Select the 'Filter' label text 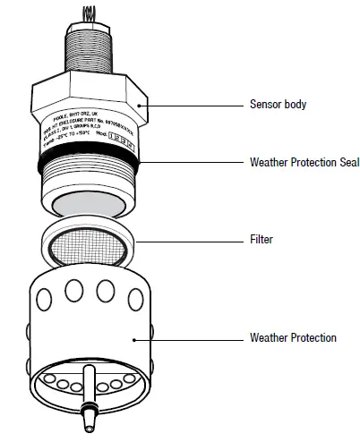point(261,241)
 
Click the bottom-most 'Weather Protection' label point(293,337)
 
